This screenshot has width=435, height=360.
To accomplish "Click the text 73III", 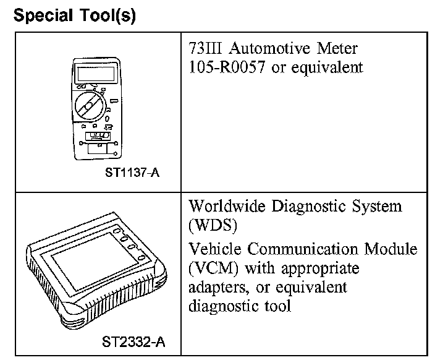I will tap(204, 48).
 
